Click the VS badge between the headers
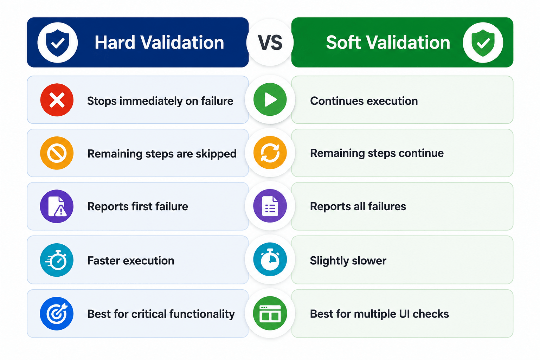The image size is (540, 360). pos(270,43)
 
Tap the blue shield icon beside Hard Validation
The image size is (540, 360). pos(57,43)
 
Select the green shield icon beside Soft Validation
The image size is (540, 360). pos(483,43)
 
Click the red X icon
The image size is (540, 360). pos(57,100)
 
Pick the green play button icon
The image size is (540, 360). pos(270,99)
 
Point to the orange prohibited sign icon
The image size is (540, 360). pos(57,153)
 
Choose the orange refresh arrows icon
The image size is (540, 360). pos(270,153)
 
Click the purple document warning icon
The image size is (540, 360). pos(57,206)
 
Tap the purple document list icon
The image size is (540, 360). pos(270,206)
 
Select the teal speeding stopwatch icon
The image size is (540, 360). pos(57,260)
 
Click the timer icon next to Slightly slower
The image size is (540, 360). pos(270,259)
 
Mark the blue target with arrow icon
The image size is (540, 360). pos(57,314)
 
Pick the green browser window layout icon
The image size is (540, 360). pos(270,313)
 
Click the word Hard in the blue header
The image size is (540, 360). pos(115,43)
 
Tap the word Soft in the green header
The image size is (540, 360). pos(343,43)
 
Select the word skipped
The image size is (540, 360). pos(216,154)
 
